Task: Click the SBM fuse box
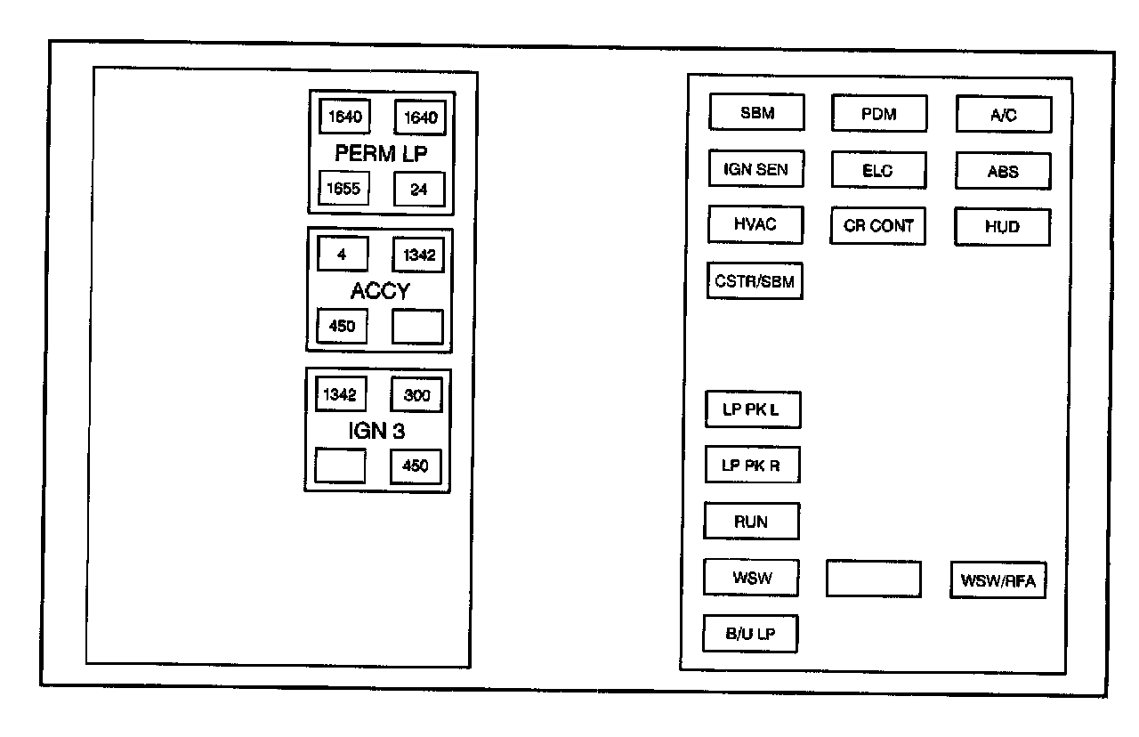coord(756,112)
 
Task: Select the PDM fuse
coord(879,114)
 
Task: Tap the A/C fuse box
coord(1004,115)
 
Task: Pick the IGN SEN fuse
coord(755,168)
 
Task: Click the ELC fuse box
coord(878,170)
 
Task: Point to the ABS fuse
coord(1003,171)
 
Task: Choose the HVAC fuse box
coord(755,223)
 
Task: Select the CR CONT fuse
coord(878,226)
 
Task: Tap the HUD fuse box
coord(1002,227)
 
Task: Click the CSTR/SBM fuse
coord(755,280)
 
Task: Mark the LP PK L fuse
coord(753,409)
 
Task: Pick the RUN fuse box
coord(751,522)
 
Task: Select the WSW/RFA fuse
coord(998,581)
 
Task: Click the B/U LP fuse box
coord(750,634)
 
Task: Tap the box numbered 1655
coord(343,188)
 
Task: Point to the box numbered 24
coord(419,189)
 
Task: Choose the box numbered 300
coord(416,394)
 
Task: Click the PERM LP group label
coord(381,153)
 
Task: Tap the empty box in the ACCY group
coord(417,327)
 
